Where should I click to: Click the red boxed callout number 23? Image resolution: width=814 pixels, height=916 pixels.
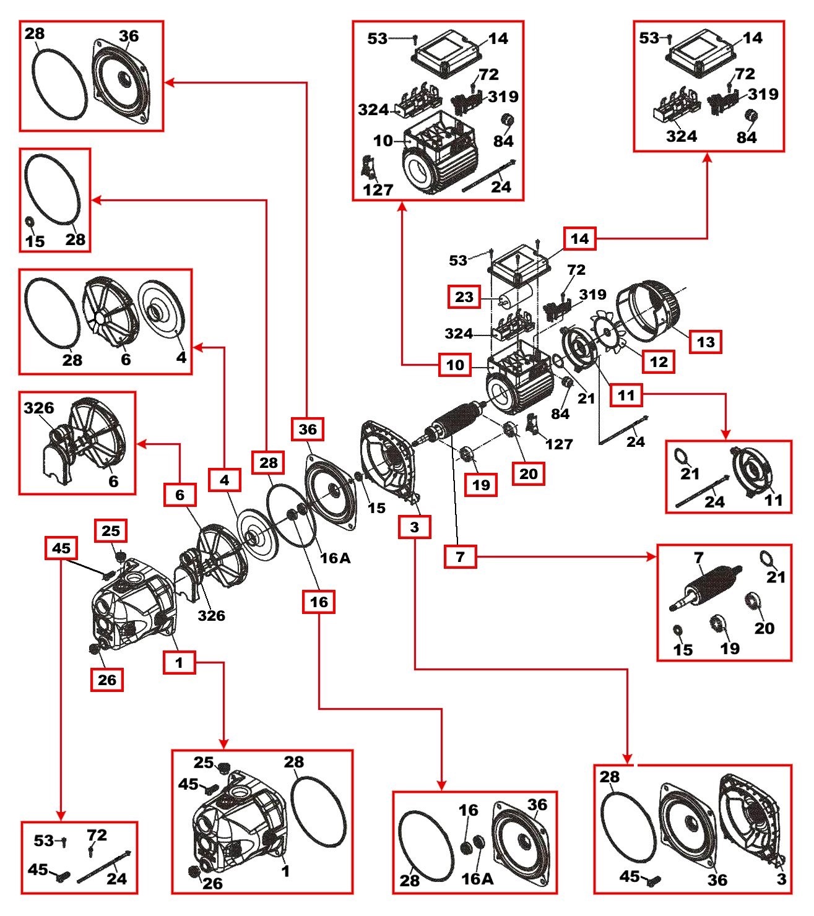click(464, 297)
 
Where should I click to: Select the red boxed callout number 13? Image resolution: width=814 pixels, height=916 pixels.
click(706, 342)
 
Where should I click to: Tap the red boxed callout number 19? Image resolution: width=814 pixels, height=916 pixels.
click(481, 485)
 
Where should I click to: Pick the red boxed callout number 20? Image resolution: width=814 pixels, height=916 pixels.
click(529, 473)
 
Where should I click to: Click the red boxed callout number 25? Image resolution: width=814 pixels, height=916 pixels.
click(111, 531)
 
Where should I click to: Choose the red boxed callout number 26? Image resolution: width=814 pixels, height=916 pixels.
click(107, 680)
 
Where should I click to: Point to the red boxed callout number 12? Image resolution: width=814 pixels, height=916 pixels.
click(659, 361)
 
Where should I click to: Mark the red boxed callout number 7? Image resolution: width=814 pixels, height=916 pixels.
click(460, 556)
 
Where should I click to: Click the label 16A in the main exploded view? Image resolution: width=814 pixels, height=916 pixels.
click(335, 558)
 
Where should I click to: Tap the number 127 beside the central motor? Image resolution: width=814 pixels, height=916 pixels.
click(559, 444)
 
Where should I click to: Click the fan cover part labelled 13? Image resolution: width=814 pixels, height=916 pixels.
click(650, 309)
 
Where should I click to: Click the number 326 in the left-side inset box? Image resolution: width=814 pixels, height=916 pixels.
click(39, 408)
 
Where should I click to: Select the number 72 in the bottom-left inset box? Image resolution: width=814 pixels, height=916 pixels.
click(97, 835)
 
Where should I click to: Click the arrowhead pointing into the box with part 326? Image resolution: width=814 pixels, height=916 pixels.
click(141, 444)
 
